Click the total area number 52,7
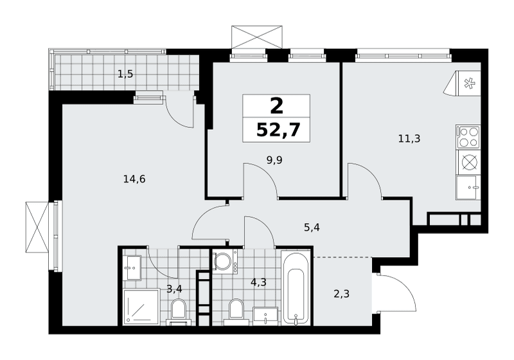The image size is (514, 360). point(278,130)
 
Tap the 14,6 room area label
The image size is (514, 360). point(134,179)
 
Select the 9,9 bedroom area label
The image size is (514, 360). point(274,160)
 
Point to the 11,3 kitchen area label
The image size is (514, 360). point(409,139)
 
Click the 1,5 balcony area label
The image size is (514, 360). point(125,75)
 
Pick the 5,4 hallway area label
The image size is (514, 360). point(312,227)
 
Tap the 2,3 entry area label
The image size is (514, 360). point(341,294)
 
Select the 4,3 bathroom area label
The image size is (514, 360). point(258,282)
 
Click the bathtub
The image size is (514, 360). point(296,288)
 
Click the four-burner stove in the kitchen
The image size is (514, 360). point(468,137)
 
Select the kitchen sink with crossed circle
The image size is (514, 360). point(468,162)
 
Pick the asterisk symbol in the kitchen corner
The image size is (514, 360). point(469,84)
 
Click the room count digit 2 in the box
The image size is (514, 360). point(276,105)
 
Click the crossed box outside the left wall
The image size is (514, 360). point(37,227)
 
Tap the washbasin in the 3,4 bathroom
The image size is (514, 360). point(132,268)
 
